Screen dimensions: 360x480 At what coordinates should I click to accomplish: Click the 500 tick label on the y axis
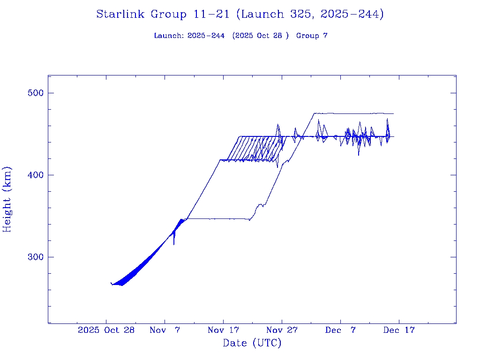(34, 93)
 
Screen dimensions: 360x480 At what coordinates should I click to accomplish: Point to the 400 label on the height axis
(34, 175)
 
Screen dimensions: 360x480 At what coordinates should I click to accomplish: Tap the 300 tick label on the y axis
(34, 257)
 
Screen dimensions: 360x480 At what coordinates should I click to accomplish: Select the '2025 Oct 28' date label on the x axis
(106, 330)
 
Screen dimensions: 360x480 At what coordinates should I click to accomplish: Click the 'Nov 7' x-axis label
(165, 330)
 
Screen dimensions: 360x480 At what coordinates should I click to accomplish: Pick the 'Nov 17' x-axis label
(223, 330)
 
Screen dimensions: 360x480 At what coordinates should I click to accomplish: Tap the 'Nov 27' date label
(282, 330)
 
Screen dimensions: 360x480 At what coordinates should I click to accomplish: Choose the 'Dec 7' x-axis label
(340, 330)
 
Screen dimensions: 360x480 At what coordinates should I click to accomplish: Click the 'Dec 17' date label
(399, 330)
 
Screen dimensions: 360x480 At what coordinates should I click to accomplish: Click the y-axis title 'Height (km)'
(7, 199)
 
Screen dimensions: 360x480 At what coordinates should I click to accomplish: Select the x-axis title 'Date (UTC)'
(252, 343)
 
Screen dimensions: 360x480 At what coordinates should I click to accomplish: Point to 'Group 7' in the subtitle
(312, 36)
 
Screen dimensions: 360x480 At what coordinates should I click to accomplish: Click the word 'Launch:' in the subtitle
(169, 36)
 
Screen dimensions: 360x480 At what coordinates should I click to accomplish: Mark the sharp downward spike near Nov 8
(174, 243)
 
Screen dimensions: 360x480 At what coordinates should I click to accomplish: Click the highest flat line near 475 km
(356, 113)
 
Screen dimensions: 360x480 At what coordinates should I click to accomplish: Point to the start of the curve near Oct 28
(111, 283)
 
